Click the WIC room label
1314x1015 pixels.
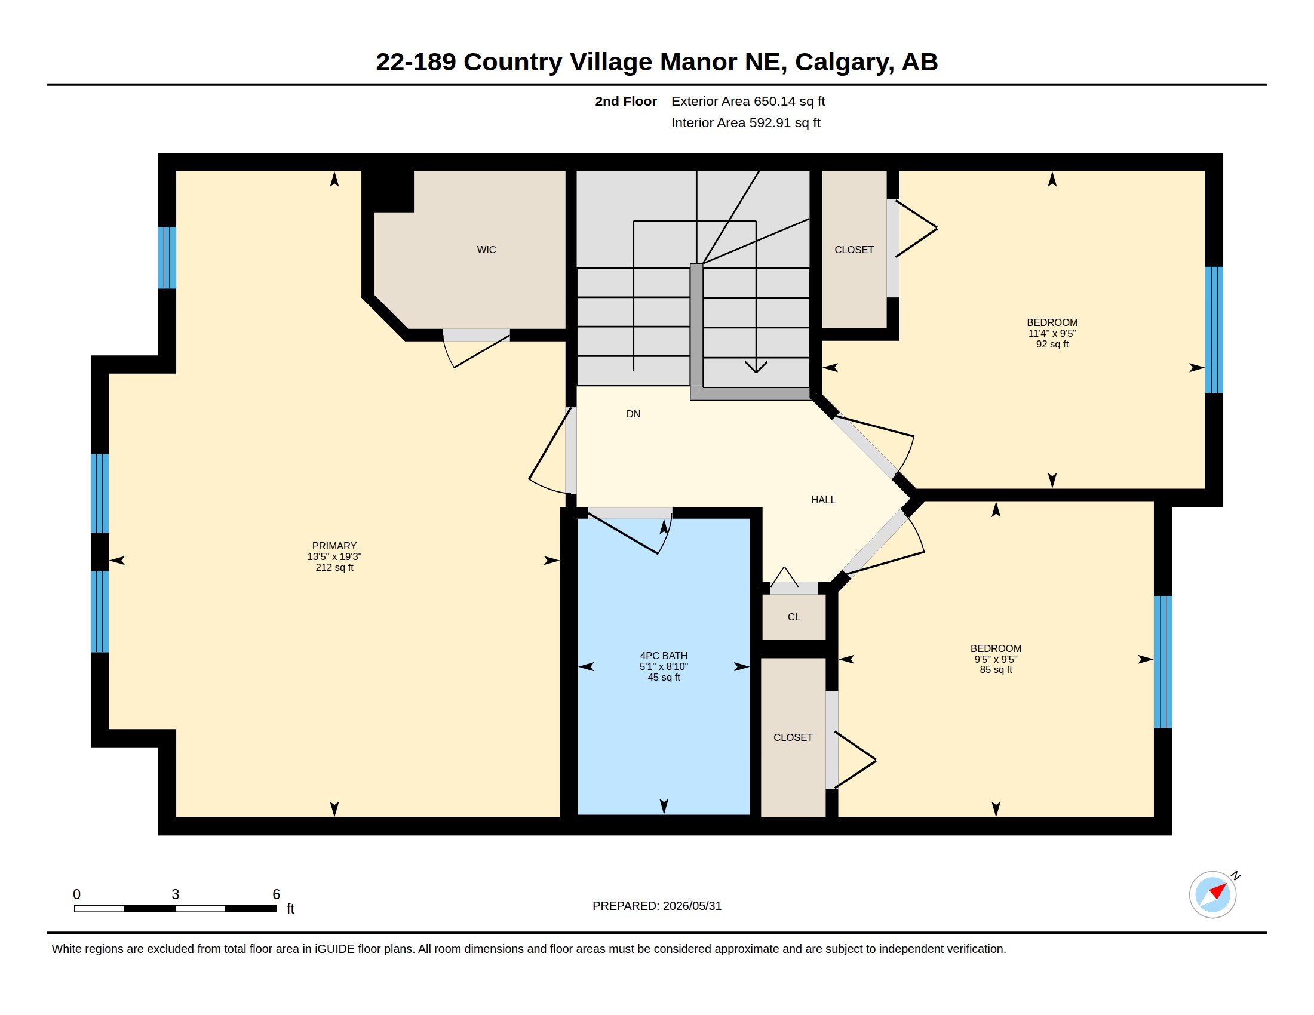[486, 250]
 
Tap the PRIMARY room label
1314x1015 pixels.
[334, 545]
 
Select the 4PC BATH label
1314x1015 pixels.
[664, 656]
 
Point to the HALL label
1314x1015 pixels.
[823, 500]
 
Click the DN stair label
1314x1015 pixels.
[633, 414]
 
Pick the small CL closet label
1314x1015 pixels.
[794, 617]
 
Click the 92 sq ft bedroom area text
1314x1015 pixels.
[1052, 344]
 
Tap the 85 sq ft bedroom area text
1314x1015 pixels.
[996, 669]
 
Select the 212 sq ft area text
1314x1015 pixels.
[334, 567]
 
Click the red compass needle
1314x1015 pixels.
[1218, 890]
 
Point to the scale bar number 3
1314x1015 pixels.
[175, 894]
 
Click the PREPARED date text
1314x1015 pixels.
[656, 906]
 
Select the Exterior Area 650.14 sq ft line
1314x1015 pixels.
[748, 101]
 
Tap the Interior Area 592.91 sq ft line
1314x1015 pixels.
[745, 122]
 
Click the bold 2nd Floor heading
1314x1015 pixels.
[626, 101]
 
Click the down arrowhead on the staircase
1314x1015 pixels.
[756, 367]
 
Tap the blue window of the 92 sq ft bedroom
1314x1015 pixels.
[1214, 330]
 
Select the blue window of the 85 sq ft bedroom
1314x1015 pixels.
[1162, 662]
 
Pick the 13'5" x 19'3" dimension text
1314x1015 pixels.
[334, 556]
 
